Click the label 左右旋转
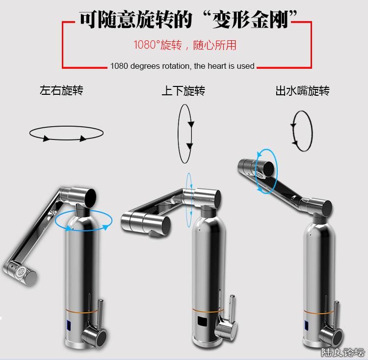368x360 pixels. pyautogui.click(x=61, y=90)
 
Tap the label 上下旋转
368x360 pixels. pyautogui.click(x=184, y=91)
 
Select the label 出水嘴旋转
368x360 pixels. pyautogui.click(x=303, y=91)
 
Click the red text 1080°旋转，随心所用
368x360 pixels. pyautogui.click(x=185, y=45)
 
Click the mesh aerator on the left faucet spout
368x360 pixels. pyautogui.click(x=21, y=272)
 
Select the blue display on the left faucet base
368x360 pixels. pyautogui.click(x=69, y=325)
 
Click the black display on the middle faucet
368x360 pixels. pyautogui.click(x=203, y=322)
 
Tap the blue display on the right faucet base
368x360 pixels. pyautogui.click(x=307, y=325)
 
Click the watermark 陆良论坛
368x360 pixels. pyautogui.click(x=342, y=353)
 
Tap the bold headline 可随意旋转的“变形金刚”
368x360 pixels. pyautogui.click(x=188, y=20)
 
